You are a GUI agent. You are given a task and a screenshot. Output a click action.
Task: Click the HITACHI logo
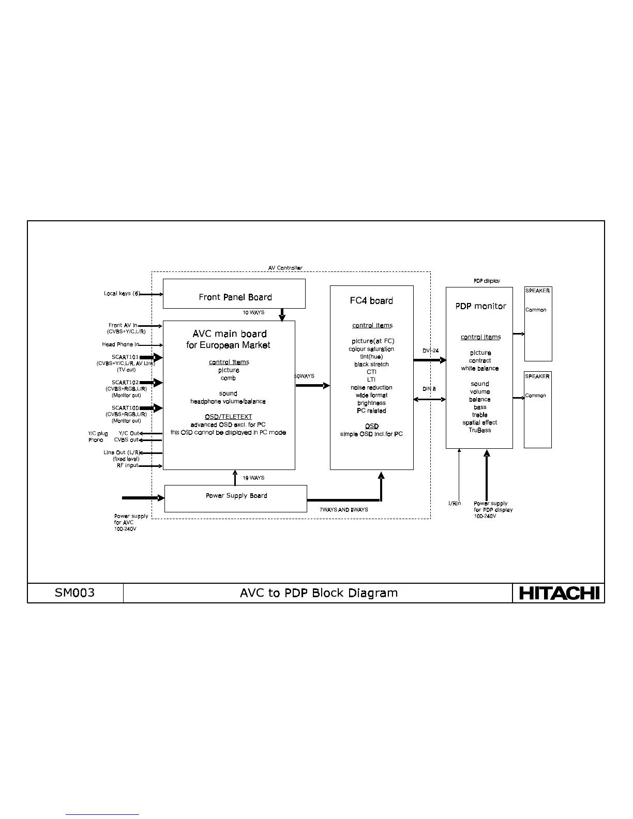coord(559,593)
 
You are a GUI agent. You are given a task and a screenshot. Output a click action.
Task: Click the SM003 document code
coord(75,593)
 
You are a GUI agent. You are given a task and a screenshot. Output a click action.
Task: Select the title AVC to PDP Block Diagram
coord(319,593)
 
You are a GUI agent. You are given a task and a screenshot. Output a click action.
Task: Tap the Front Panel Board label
coord(235,297)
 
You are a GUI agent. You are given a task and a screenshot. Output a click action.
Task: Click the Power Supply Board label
coord(236,495)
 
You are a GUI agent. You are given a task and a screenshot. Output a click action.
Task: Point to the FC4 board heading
coord(371,300)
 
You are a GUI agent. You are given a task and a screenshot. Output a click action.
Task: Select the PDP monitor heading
coord(480,306)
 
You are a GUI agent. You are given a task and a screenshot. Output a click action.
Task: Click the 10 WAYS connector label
coord(253,312)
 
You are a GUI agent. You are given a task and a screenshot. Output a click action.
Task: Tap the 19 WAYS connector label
coord(253,478)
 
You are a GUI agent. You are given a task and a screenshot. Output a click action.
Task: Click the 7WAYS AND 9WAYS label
coord(343,509)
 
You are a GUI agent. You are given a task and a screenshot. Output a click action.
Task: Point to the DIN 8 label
coord(429,388)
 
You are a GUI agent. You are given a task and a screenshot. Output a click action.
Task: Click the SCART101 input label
coord(125,357)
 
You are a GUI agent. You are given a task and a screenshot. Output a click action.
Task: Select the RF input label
coord(127,465)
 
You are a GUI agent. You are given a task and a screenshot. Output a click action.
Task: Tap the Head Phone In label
coord(120,344)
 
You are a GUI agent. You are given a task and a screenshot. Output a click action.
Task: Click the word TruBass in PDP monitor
coord(480,430)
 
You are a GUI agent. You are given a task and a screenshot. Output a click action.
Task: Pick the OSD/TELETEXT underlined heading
coord(228,416)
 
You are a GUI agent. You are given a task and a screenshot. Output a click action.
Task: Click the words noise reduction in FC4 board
coord(371,387)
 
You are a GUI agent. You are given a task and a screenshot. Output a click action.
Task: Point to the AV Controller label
coord(285,268)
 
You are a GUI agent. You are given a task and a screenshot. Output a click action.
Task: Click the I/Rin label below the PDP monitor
coord(454,503)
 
